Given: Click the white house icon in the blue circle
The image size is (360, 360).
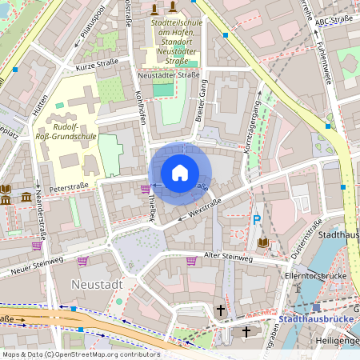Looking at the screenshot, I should (180, 173).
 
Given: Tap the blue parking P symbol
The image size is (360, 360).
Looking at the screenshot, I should (257, 219).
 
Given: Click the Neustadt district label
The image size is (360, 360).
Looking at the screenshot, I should (96, 284).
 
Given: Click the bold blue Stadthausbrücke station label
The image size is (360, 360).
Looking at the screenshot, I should (318, 320).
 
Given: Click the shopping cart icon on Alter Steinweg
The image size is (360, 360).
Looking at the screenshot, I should (191, 260).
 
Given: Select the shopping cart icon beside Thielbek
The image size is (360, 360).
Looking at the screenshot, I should (145, 189).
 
